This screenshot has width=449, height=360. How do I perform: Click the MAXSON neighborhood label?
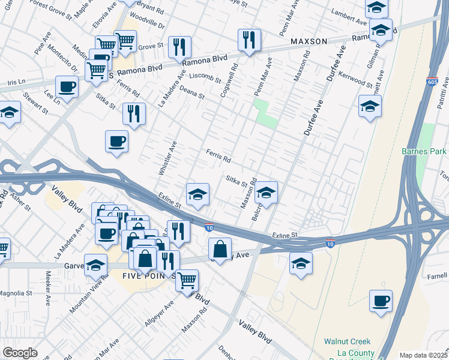click(309, 41)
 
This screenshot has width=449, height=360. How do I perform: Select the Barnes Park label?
click(424, 151)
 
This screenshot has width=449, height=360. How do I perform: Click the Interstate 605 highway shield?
click(433, 81)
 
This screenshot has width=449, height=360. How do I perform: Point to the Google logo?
click(20, 353)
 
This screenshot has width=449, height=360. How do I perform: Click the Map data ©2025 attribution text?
click(423, 355)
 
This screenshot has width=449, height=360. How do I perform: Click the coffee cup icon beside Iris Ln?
click(67, 86)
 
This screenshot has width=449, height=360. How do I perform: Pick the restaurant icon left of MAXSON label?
click(249, 40)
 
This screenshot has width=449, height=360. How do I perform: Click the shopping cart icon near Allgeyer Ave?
click(187, 279)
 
